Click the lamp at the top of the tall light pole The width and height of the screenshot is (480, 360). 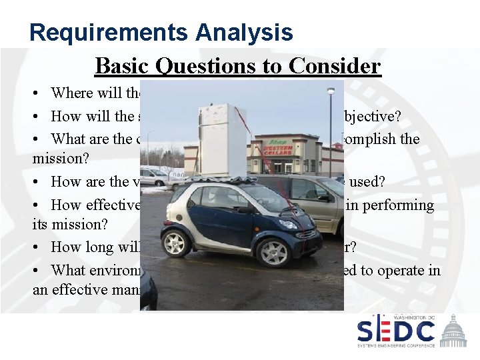click(x=330, y=91)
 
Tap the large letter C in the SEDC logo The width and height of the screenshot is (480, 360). click(x=422, y=331)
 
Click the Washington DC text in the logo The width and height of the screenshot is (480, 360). click(x=414, y=317)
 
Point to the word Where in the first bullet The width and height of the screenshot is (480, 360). click(x=71, y=93)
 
